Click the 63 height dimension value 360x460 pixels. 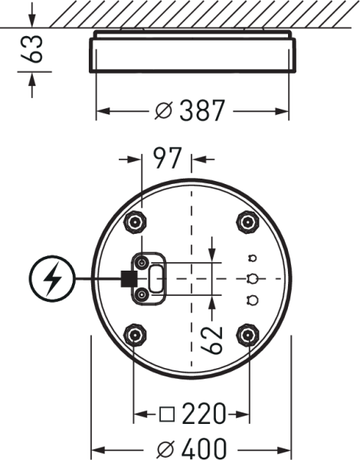click(31, 49)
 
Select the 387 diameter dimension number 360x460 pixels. click(202, 110)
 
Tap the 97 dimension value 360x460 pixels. click(168, 158)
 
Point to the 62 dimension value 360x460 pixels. click(211, 340)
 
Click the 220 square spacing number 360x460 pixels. click(204, 414)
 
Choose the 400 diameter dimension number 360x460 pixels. click(204, 449)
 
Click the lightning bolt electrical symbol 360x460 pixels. click(52, 278)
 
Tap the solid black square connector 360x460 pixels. click(129, 278)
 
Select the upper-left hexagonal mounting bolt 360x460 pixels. click(135, 222)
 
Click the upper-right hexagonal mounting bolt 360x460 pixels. click(247, 222)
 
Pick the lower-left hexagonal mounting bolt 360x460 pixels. click(135, 335)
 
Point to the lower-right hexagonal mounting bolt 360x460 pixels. click(247, 335)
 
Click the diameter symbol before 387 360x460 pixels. click(164, 111)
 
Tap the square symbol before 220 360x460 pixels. click(167, 414)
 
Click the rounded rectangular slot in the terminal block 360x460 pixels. click(156, 278)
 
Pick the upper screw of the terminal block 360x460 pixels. click(142, 262)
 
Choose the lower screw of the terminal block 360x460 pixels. click(142, 294)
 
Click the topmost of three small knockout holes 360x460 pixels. click(253, 258)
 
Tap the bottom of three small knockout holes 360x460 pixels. click(253, 300)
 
